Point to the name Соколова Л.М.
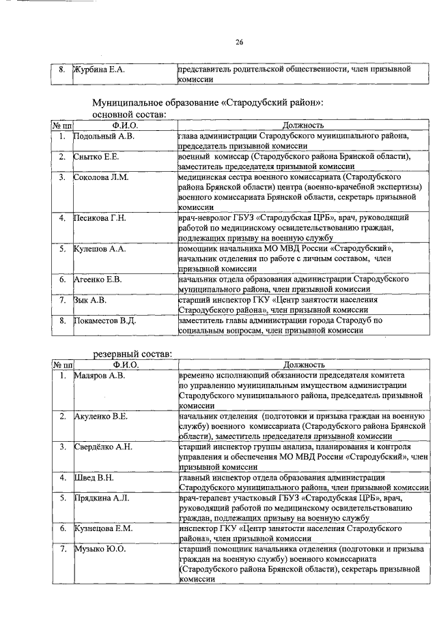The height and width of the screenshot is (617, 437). click(100, 177)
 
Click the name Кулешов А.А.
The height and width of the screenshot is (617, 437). click(100, 249)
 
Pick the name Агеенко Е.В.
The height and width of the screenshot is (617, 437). click(98, 280)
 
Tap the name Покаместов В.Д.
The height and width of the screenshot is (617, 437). click(106, 320)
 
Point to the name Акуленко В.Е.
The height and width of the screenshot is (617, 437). click(101, 416)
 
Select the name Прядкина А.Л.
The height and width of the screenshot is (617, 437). click(102, 498)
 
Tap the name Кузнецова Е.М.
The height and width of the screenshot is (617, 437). click(103, 528)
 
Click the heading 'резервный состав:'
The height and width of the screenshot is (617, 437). click(132, 355)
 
